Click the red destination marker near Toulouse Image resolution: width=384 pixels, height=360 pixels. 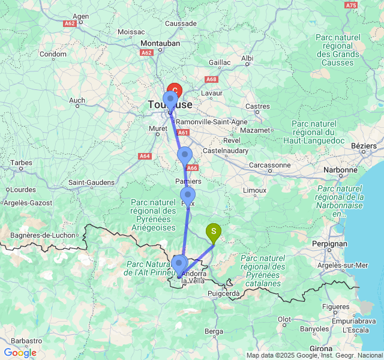(174, 91)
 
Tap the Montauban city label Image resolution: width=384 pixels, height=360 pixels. (161, 44)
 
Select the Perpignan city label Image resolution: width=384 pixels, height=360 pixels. (329, 244)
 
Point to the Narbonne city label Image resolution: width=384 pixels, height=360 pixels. (340, 170)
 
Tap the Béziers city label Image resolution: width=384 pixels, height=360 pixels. (363, 146)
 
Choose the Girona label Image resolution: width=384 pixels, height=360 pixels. (321, 349)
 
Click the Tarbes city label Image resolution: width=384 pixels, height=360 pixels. (21, 163)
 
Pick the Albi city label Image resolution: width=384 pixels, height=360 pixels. (247, 58)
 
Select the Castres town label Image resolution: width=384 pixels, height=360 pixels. (258, 106)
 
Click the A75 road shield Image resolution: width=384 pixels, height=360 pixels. (352, 5)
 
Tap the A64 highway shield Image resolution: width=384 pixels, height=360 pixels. (145, 156)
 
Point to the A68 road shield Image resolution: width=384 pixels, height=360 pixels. (211, 79)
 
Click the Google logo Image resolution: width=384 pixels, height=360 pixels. (20, 352)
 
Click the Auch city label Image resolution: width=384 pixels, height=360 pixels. (77, 100)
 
